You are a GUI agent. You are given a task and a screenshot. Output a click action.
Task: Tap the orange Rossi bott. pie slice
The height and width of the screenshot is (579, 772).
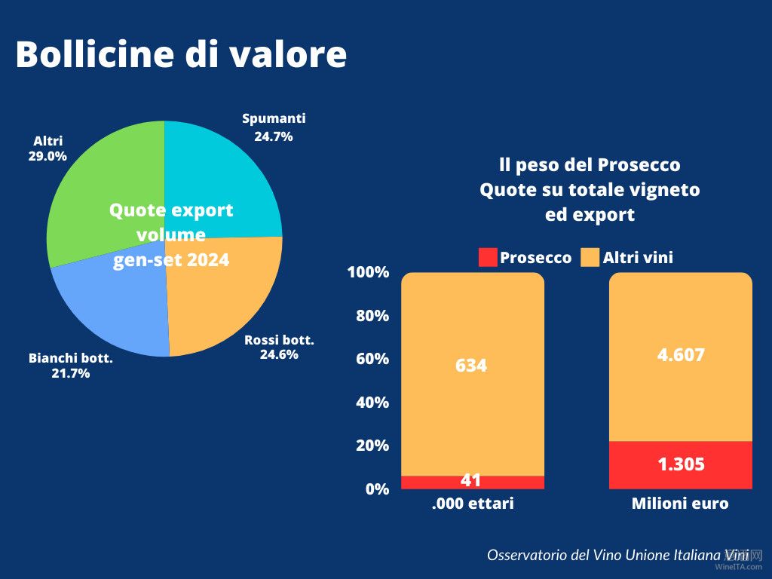point(226,294)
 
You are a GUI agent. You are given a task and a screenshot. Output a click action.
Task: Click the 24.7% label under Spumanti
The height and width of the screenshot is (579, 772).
point(274,137)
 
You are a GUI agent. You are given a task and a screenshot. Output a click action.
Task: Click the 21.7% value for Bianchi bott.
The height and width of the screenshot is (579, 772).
point(70,373)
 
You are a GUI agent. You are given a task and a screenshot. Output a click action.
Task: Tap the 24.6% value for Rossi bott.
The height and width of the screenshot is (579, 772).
point(279,354)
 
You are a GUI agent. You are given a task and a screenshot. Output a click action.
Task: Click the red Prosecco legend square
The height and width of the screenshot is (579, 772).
point(488,257)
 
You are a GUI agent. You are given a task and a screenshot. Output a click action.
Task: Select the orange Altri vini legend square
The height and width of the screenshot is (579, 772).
point(590,257)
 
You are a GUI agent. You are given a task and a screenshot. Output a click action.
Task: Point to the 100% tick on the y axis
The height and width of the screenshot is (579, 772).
point(368,272)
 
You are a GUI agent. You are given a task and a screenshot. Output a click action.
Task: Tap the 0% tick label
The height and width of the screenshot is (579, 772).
point(377,489)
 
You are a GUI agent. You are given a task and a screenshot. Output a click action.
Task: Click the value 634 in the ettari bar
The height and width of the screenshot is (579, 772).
point(471,366)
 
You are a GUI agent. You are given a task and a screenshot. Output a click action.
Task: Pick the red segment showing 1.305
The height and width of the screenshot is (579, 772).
point(681,464)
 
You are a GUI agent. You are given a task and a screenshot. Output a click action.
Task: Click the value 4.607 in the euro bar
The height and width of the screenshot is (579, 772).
point(681,354)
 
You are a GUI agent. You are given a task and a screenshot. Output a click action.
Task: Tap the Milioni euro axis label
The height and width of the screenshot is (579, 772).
point(680,504)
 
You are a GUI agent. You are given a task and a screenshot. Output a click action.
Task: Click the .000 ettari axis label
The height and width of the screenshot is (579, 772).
point(473,504)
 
